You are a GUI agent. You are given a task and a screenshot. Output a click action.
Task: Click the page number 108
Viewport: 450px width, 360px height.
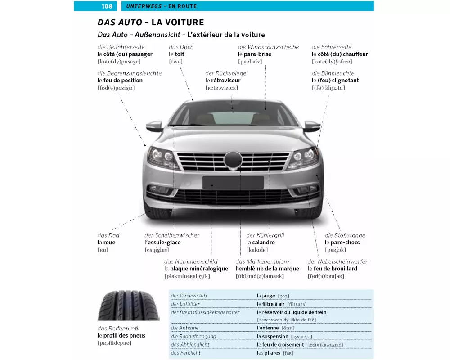point(107,6)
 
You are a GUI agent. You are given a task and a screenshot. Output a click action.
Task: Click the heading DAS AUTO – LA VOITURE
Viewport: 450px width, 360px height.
point(151,22)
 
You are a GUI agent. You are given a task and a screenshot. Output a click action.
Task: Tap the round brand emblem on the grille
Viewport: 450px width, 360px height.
point(233,159)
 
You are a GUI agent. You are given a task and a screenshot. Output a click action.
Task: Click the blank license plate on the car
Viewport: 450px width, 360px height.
point(233,182)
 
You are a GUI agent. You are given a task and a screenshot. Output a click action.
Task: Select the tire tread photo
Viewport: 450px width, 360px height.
point(122,305)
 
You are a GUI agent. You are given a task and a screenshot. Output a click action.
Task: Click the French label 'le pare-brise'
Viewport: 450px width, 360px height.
point(255,54)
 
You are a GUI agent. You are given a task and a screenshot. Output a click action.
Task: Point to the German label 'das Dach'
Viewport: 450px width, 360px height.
point(181,47)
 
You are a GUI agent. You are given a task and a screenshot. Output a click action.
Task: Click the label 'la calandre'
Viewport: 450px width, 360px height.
point(261,243)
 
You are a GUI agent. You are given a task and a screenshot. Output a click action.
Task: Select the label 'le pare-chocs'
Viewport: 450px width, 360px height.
point(342,243)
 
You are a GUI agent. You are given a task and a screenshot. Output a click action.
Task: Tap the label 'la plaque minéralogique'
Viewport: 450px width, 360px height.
point(196,269)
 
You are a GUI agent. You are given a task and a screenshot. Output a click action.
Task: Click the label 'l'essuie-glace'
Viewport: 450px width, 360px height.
point(162,243)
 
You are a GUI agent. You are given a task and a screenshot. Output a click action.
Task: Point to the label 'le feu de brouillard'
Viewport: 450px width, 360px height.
point(333,269)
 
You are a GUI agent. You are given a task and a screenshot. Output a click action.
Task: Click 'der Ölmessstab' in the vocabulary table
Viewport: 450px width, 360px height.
point(189,296)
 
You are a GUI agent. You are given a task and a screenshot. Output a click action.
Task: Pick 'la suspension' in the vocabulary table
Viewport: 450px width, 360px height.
point(273,336)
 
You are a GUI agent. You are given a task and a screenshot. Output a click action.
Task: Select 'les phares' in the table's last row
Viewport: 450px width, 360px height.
point(269,353)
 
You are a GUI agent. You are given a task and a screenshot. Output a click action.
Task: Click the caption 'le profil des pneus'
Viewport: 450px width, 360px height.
point(121,335)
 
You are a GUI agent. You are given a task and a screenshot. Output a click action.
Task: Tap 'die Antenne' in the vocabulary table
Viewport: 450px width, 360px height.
point(185,328)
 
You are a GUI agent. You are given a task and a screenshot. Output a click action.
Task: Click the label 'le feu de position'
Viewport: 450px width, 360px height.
point(120,81)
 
